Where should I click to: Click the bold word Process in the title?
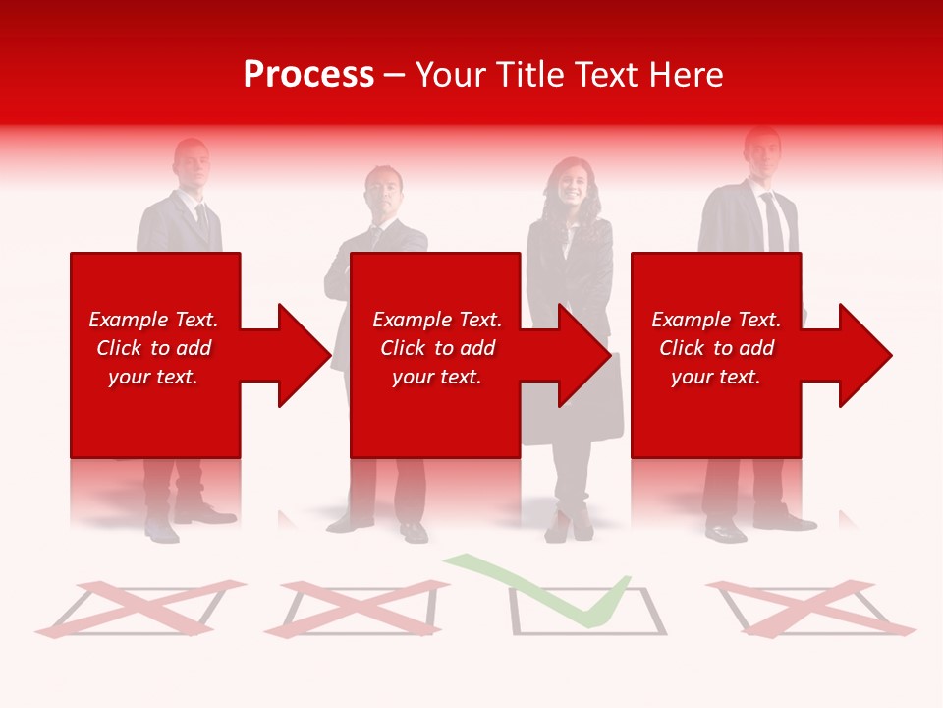pyautogui.click(x=308, y=75)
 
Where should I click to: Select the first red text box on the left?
pyautogui.click(x=155, y=355)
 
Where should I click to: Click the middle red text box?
pyautogui.click(x=435, y=355)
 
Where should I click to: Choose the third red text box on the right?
pyautogui.click(x=716, y=355)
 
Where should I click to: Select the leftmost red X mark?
pyautogui.click(x=138, y=608)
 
